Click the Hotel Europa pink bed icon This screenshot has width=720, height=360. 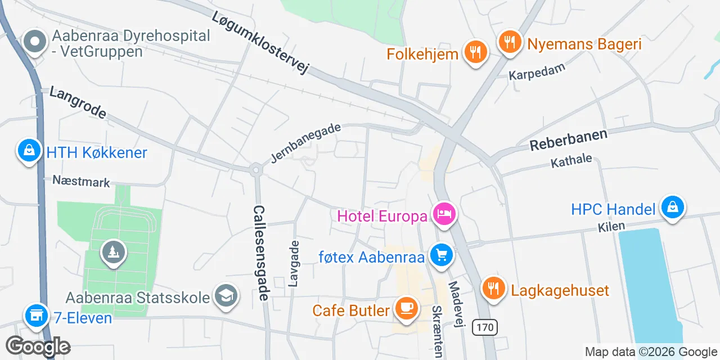(444, 214)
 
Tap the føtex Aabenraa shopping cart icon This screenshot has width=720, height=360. (441, 256)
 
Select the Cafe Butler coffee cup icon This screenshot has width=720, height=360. (406, 308)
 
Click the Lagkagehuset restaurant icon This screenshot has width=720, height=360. (493, 289)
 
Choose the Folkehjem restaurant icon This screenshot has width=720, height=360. (476, 52)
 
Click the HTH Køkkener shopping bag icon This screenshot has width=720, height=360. (28, 150)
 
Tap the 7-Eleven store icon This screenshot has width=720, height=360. (36, 316)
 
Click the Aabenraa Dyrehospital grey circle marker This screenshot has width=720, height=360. (35, 42)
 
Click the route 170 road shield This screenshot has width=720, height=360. (485, 327)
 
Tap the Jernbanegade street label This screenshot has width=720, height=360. (305, 143)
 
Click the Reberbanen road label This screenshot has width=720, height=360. (569, 140)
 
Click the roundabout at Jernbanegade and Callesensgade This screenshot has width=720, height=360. (256, 169)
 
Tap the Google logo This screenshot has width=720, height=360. (38, 346)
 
